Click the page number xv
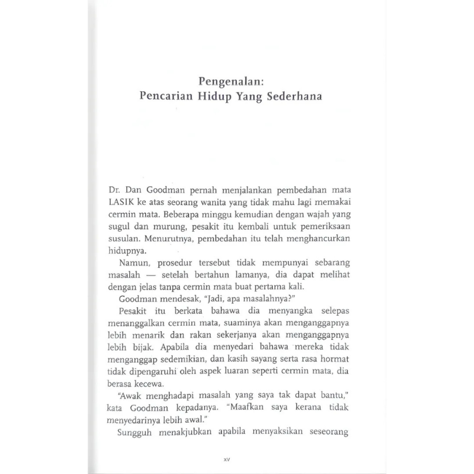(x=226, y=460)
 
